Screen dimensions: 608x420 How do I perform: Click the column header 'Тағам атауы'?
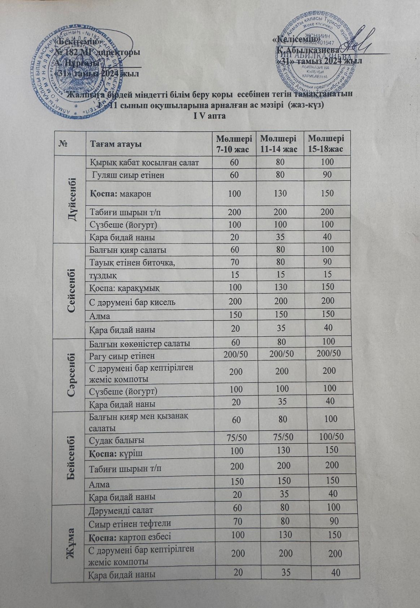click(116, 144)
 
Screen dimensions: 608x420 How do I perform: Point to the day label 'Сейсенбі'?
click(71, 291)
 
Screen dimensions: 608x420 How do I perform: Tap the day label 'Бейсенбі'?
click(71, 457)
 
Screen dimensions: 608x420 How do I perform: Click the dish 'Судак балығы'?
click(117, 440)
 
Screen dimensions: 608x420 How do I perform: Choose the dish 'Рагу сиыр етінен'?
click(122, 355)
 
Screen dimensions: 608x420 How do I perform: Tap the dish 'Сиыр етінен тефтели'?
click(130, 523)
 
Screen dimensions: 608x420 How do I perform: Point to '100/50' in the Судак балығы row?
click(329, 437)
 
